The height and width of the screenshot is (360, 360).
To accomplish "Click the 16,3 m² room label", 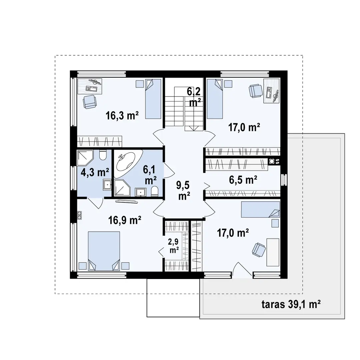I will pos(122,115).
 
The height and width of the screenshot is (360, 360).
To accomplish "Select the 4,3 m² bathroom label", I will pos(95,172).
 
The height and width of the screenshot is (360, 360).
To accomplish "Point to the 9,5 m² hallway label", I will pos(184,190).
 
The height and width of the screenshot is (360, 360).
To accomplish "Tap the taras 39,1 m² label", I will pos(291,304).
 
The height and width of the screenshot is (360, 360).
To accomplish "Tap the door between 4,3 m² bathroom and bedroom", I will pos(95,202).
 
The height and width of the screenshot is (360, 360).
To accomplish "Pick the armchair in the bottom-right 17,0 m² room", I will pos(259,250).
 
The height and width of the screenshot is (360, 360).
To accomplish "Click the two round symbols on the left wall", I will pos(79,215).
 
